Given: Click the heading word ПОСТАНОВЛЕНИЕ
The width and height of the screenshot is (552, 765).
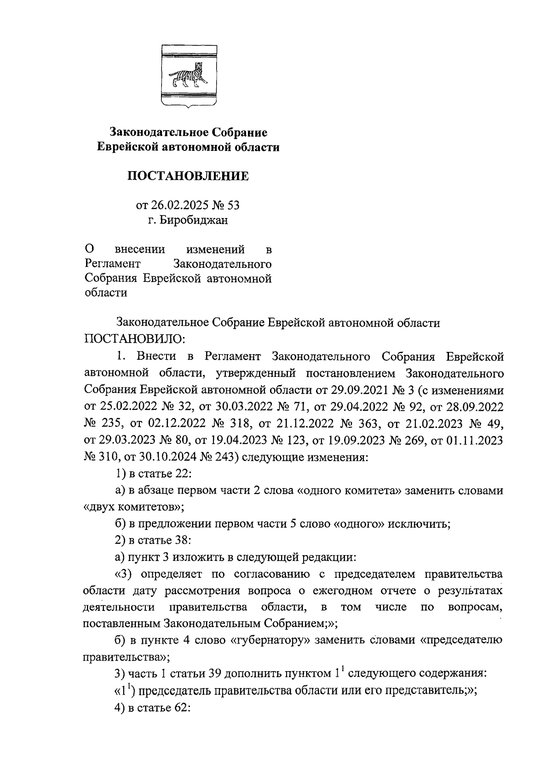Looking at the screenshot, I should click(x=188, y=176).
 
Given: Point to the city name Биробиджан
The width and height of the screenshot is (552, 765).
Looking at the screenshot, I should click(x=193, y=220).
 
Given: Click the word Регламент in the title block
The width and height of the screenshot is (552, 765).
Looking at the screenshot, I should click(x=113, y=264).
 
